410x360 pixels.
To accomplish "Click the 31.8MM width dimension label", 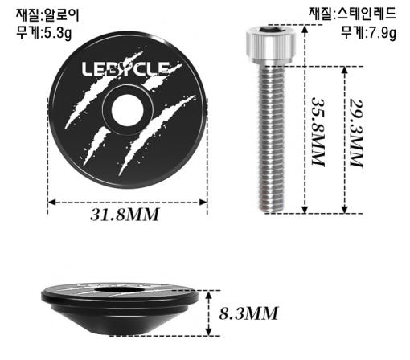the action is point(125,215).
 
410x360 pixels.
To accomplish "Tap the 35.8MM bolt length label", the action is point(318,132).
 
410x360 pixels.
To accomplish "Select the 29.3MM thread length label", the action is point(356,133).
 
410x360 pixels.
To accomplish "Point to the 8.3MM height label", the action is point(248,313).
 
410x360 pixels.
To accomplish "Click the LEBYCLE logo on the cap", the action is point(126,69).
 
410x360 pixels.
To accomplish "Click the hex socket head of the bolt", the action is point(271,44).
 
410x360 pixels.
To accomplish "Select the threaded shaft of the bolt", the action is point(271,138).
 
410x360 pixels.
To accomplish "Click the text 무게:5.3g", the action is point(44,32).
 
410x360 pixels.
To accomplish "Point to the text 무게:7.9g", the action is point(368,32).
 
